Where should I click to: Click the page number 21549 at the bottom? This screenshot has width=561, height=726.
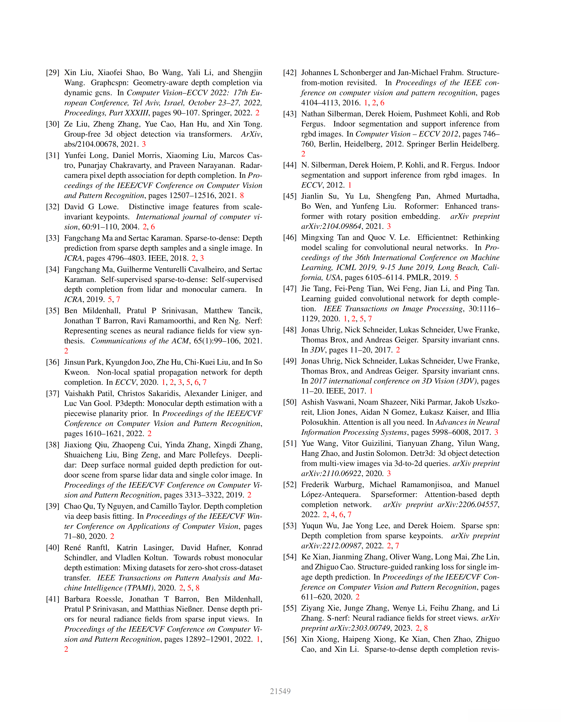pos(280,691)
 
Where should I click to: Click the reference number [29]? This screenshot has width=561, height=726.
pos(52,72)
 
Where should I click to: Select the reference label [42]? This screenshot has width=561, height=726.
pos(289,72)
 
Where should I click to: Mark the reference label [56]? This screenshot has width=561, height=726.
pos(289,639)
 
